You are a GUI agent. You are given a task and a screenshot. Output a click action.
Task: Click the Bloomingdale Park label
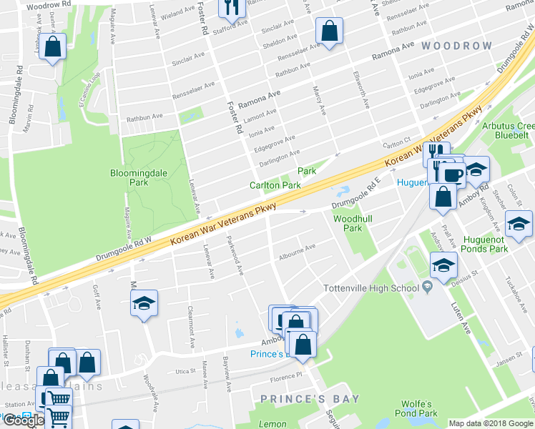pos(128,178)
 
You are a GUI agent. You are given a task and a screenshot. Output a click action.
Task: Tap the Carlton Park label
pos(275,185)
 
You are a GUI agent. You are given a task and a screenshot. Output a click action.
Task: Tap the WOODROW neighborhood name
pos(456,46)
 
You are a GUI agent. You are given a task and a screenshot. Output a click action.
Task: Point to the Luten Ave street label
pos(461,318)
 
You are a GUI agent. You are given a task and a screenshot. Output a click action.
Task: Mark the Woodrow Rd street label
pos(48,5)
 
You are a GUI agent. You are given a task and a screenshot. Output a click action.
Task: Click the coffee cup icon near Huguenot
pos(452,173)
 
